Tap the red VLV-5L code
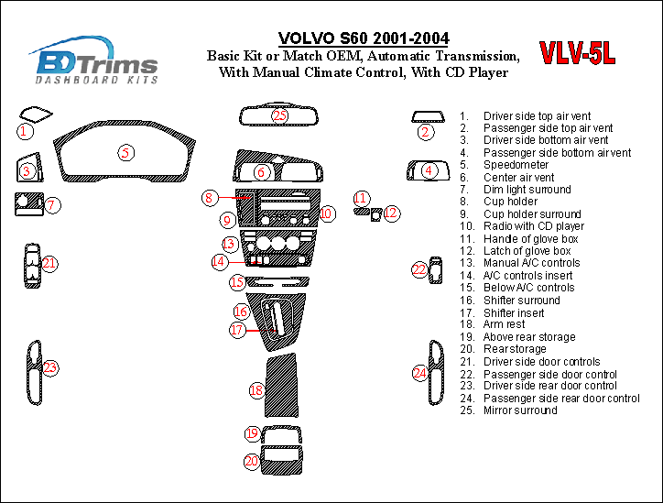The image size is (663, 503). (576, 54)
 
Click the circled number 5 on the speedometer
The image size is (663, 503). (125, 153)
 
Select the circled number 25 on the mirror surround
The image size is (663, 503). (279, 115)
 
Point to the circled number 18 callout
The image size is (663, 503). (256, 391)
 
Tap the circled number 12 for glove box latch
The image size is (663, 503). (391, 213)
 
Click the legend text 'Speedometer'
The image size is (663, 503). (516, 165)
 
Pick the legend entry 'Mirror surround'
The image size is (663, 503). (520, 410)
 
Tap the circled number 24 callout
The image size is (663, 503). (419, 373)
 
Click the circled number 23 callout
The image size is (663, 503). (50, 367)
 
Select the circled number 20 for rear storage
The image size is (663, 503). (251, 462)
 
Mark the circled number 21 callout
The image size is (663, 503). (49, 264)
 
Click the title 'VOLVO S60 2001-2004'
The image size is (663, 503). (364, 38)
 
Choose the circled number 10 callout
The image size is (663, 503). (327, 213)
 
